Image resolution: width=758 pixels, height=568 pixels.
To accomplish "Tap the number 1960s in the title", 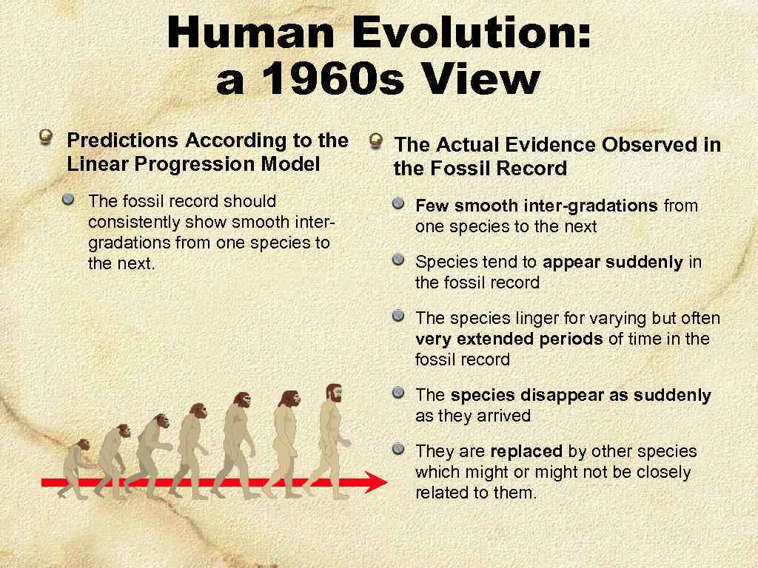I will pyautogui.click(x=326, y=81).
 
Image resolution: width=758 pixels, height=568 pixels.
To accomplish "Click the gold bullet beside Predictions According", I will pyautogui.click(x=47, y=137).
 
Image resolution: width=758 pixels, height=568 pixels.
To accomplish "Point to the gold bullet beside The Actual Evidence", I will pyautogui.click(x=376, y=140).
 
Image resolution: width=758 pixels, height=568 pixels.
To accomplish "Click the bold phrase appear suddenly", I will pyautogui.click(x=612, y=262).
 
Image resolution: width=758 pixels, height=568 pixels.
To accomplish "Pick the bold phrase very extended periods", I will pyautogui.click(x=509, y=339).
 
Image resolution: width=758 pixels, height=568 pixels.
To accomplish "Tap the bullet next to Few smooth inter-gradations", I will pyautogui.click(x=399, y=203).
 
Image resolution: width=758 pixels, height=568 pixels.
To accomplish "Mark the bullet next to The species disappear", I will pyautogui.click(x=399, y=392).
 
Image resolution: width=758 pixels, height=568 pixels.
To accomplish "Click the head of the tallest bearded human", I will pyautogui.click(x=333, y=393).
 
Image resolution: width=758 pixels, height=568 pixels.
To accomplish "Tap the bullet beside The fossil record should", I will pyautogui.click(x=69, y=199).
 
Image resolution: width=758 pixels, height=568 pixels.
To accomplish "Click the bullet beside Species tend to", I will pyautogui.click(x=399, y=259).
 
